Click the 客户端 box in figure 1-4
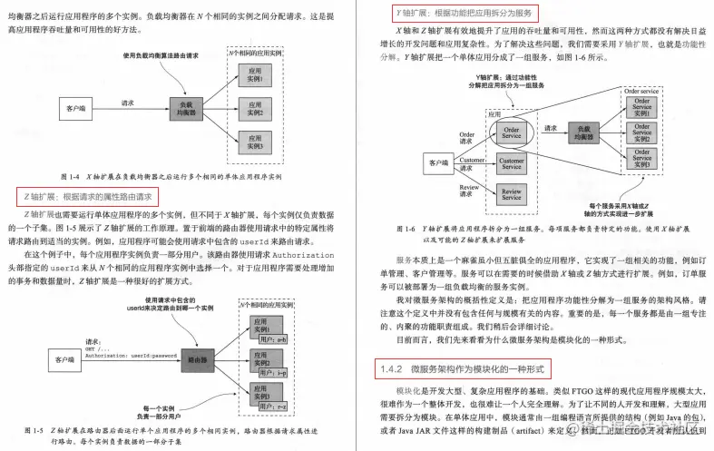[x=75, y=109]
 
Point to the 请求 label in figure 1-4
[x=128, y=103]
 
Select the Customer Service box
[x=511, y=164]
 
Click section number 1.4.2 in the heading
[x=391, y=369]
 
